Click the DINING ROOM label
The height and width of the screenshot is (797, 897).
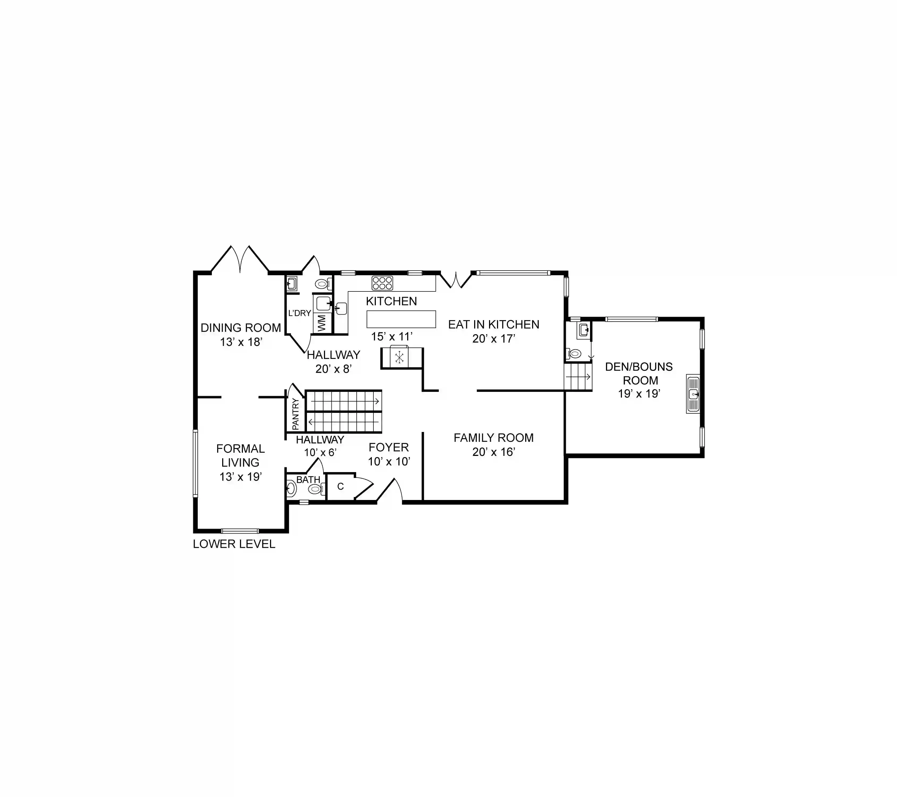pos(241,328)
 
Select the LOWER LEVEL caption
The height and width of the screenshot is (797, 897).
pos(234,544)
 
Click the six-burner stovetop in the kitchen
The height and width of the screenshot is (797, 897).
pos(382,283)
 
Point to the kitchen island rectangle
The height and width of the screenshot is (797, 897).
pos(401,319)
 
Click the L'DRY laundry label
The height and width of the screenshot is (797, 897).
pos(299,313)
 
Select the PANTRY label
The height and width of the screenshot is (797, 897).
pos(295,414)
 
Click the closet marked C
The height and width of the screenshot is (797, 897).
pos(340,486)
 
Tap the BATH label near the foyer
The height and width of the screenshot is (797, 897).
pos(308,480)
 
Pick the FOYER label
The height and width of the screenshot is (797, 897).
pos(389,447)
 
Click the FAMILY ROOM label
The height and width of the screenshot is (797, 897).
pos(494,438)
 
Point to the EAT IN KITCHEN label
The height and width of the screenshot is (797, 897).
pos(494,325)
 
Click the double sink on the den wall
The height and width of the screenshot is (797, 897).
pos(693,394)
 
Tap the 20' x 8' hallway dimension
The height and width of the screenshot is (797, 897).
pos(334,369)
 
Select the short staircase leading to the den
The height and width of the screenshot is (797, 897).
pos(578,377)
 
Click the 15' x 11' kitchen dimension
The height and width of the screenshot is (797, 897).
pos(392,336)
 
